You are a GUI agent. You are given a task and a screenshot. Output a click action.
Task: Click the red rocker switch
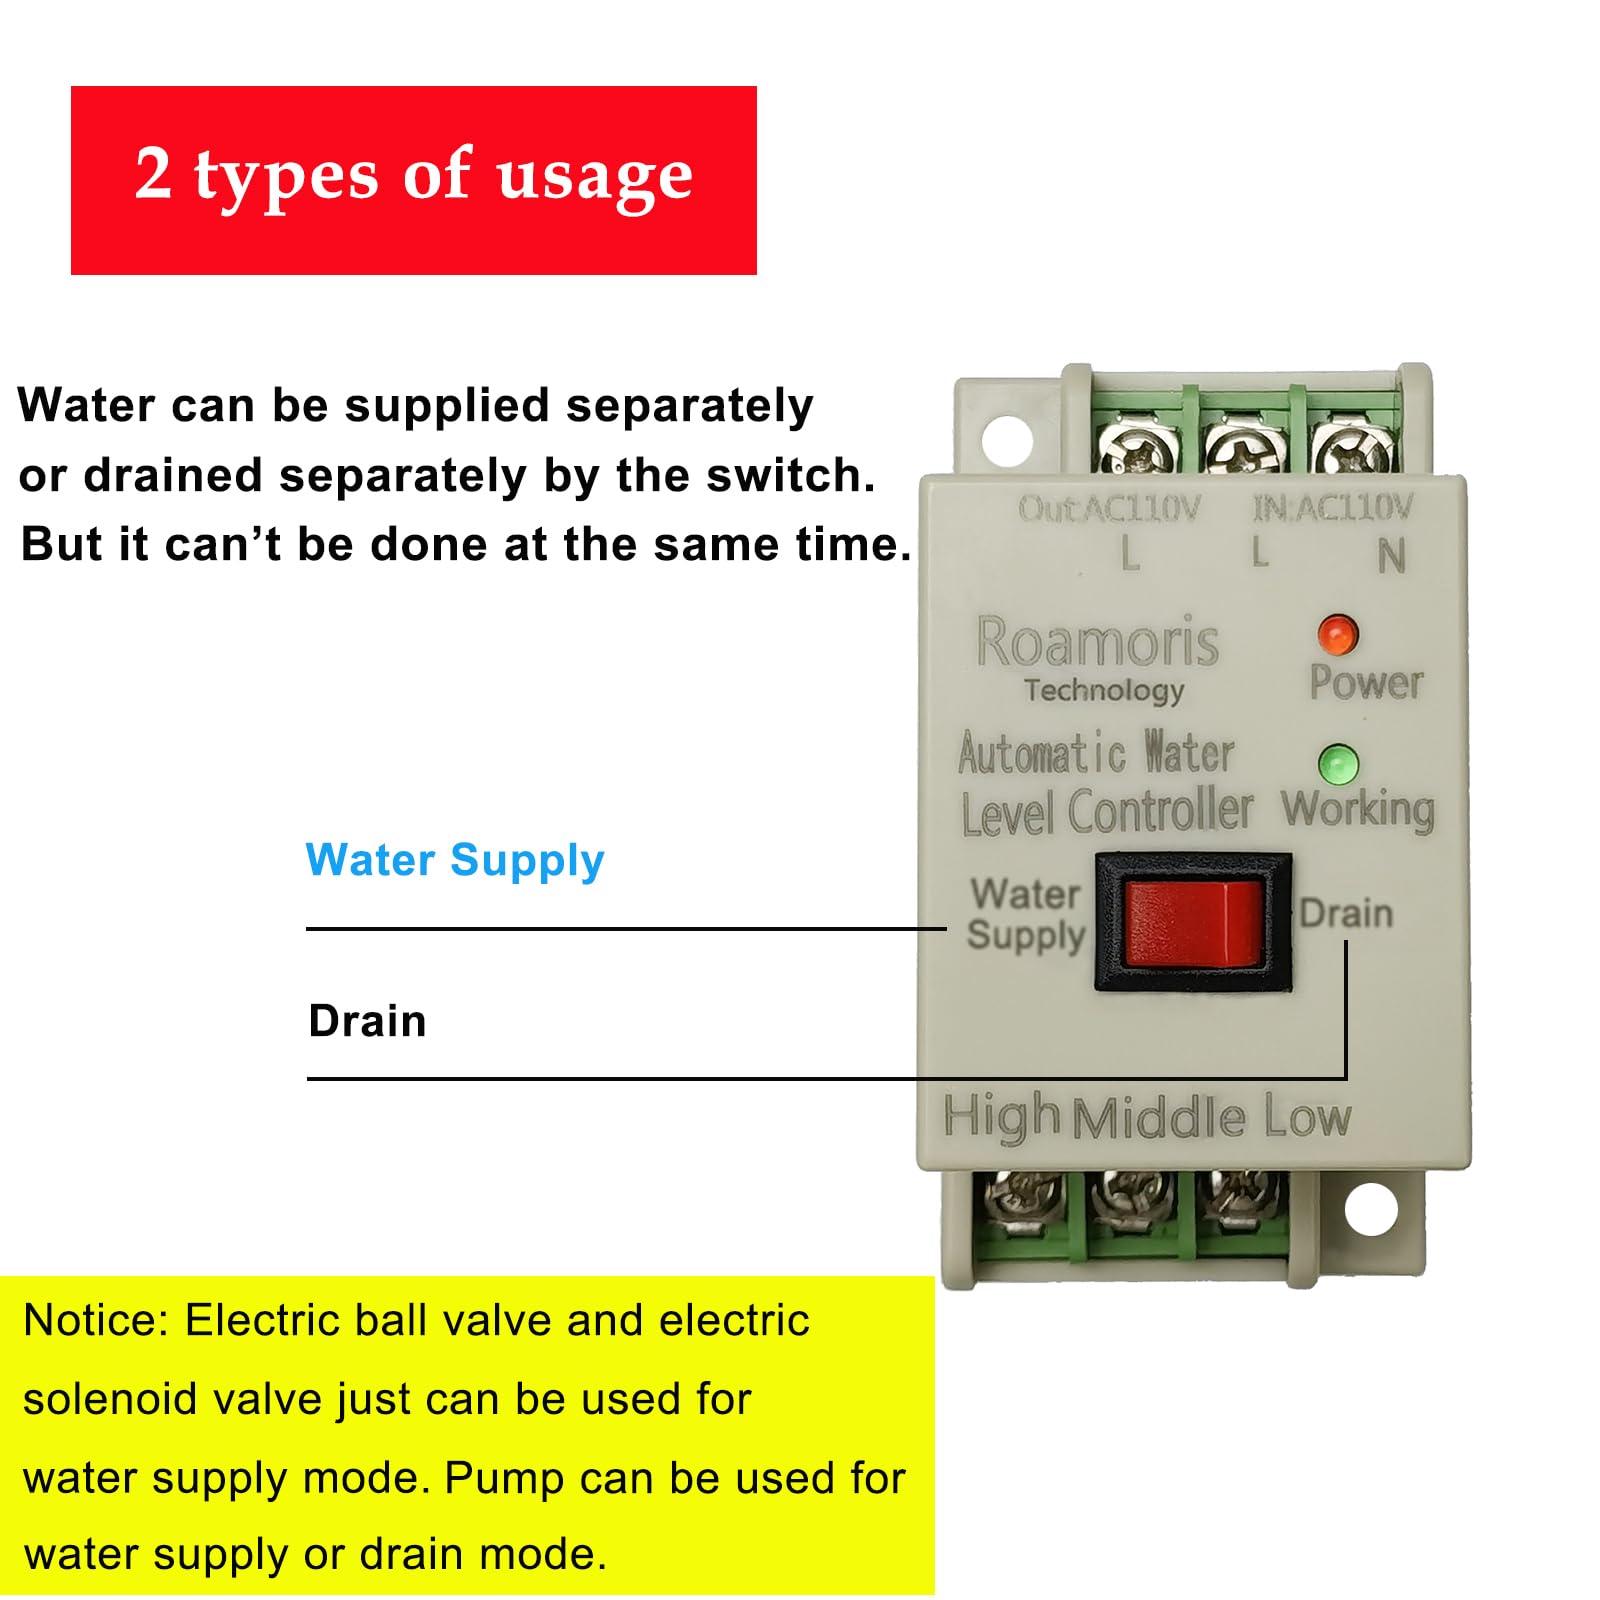pos(1193,923)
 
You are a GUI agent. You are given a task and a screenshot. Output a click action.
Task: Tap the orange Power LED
pos(1337,634)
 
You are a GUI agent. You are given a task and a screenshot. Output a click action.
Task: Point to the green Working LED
pos(1337,765)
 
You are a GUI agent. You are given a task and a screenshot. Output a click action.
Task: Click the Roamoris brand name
pos(1097,642)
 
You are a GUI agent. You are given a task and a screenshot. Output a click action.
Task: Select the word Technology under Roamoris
pos(1104,690)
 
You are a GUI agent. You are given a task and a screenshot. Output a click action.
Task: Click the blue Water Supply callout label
pos(455,861)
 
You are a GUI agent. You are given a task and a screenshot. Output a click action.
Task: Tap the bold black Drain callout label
pos(367,1021)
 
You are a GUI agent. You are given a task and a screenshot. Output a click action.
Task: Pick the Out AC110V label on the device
pos(1108,509)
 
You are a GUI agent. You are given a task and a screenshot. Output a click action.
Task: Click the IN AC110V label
pos(1333,508)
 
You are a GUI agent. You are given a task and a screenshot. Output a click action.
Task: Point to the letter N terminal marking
pos(1391,556)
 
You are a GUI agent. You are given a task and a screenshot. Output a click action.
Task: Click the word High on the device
pos(1001,1117)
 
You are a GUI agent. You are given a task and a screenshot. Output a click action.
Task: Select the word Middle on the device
pos(1159,1118)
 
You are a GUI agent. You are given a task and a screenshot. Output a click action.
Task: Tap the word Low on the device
pos(1307,1116)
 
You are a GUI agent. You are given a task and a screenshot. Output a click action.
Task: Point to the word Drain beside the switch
pos(1345,913)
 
